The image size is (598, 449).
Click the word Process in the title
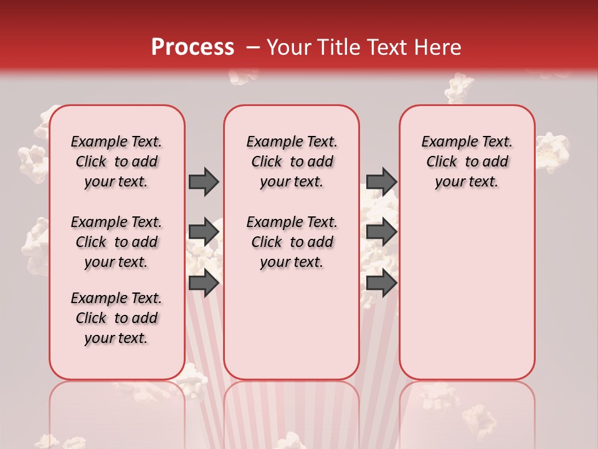click(x=192, y=47)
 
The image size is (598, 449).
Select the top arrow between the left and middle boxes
click(x=204, y=181)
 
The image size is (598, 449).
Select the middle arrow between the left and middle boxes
click(x=204, y=233)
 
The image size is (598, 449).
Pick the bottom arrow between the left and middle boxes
click(x=204, y=283)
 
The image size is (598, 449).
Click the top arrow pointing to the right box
click(x=381, y=181)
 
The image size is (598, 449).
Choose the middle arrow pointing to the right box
click(x=381, y=233)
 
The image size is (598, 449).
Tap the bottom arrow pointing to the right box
click(x=381, y=283)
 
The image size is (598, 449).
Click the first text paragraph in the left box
click(x=116, y=162)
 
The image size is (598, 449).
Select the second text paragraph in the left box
click(x=116, y=242)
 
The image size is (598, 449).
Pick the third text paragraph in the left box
click(x=116, y=318)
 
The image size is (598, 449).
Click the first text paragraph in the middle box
click(x=292, y=162)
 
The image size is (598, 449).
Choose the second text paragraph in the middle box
click(x=292, y=242)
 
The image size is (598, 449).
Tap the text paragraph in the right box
click(x=467, y=162)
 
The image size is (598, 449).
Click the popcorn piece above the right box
click(x=460, y=87)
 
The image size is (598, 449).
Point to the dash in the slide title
click(x=252, y=47)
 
